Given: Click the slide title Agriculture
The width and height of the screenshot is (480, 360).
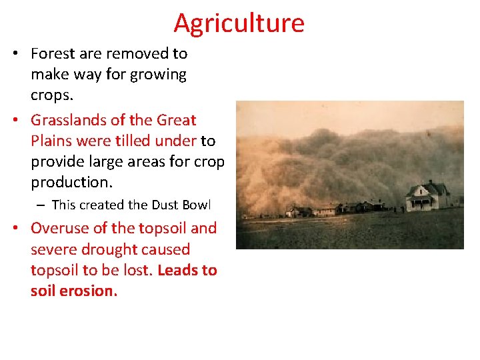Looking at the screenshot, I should pyautogui.click(x=239, y=23).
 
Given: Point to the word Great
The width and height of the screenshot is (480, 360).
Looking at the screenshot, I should pyautogui.click(x=176, y=121).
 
